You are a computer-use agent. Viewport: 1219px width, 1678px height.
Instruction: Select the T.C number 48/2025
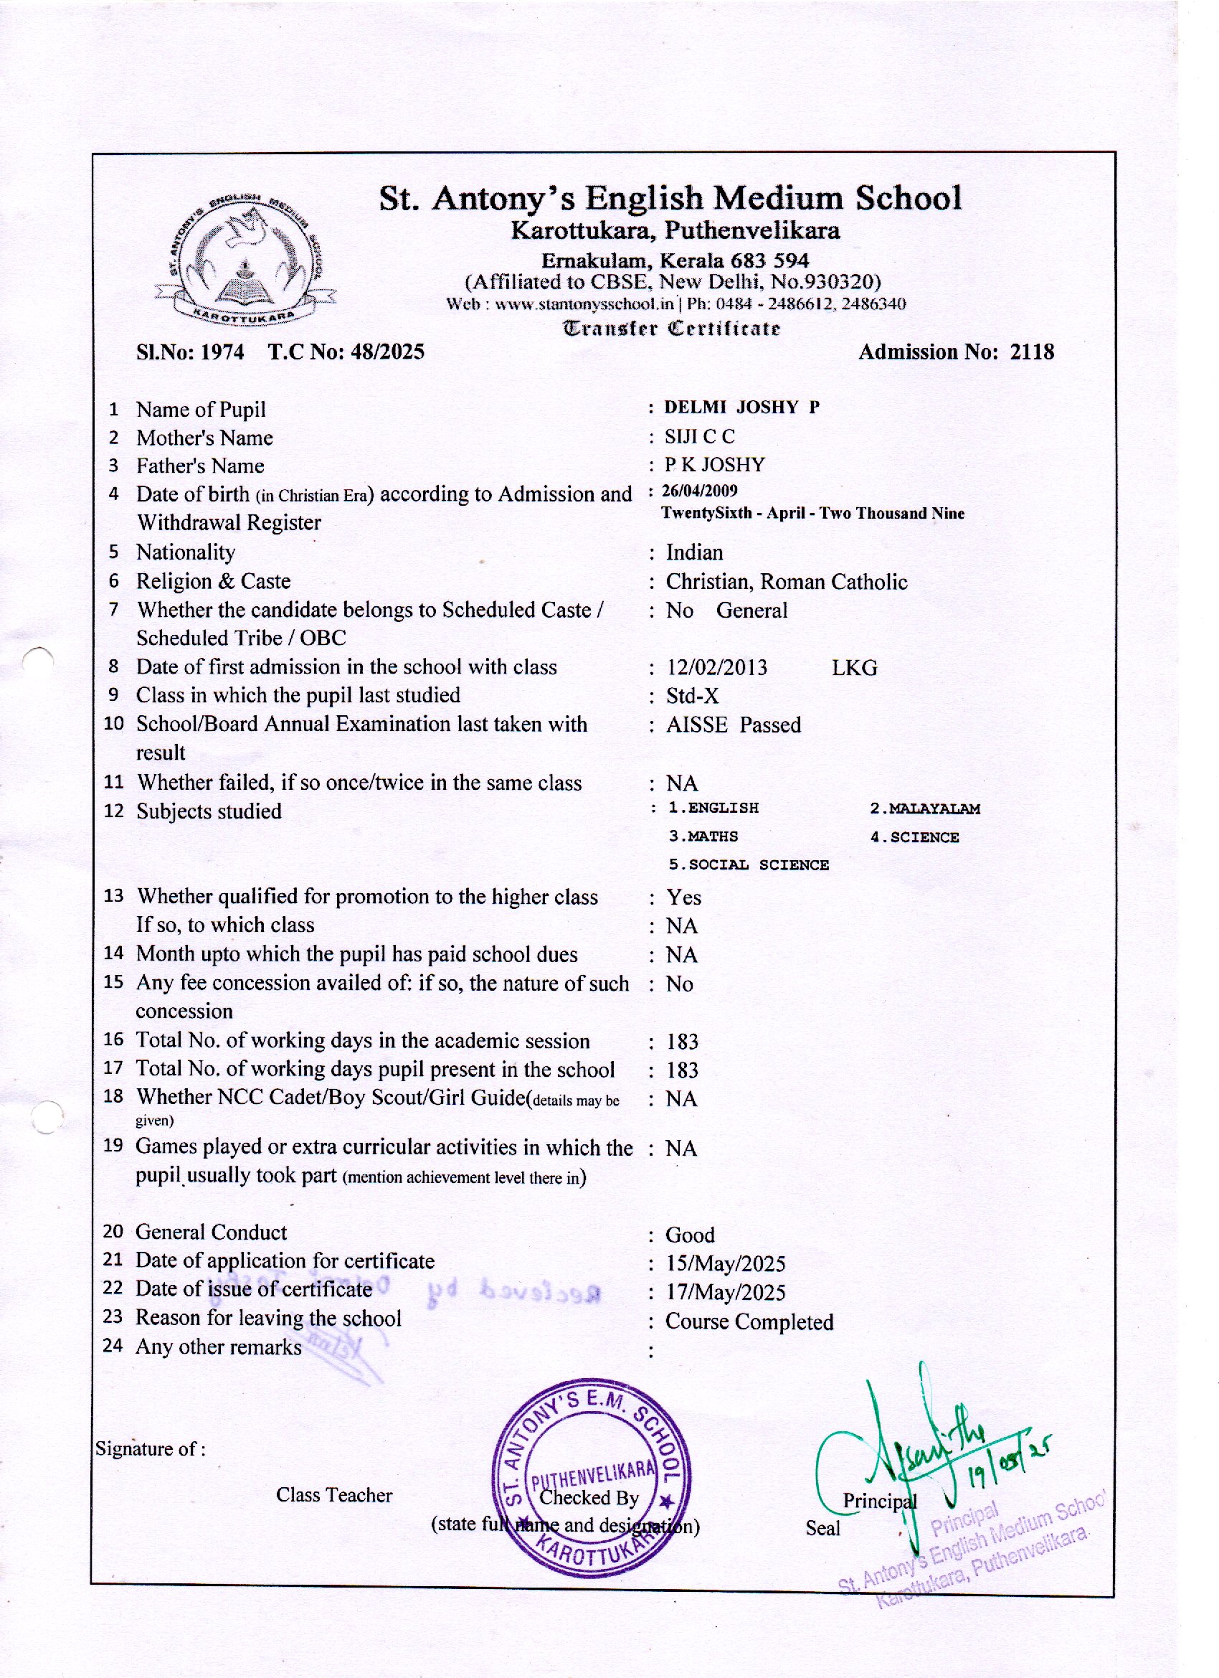click(388, 352)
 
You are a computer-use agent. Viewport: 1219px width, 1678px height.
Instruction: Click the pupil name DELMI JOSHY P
click(741, 407)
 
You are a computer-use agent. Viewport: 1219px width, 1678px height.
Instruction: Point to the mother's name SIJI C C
click(699, 436)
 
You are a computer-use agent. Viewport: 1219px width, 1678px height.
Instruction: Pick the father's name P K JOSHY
click(714, 466)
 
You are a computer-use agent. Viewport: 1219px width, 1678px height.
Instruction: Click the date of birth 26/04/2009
click(699, 491)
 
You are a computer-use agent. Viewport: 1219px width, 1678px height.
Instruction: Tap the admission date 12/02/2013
click(717, 668)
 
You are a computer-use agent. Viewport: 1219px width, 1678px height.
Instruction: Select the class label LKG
click(854, 668)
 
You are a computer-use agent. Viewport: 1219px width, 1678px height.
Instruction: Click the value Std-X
click(693, 696)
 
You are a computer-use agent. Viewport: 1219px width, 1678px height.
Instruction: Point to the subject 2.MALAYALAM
click(924, 809)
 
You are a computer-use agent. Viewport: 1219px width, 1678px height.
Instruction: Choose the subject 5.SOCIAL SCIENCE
click(749, 865)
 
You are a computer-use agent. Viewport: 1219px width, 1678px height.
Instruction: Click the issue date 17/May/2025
click(725, 1293)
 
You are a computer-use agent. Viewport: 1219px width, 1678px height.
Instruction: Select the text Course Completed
click(749, 1322)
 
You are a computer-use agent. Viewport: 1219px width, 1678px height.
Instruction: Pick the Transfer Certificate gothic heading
click(672, 328)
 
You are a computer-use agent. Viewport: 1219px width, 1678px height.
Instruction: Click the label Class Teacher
click(334, 1495)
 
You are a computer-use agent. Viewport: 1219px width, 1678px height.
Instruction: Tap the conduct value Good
click(690, 1235)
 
